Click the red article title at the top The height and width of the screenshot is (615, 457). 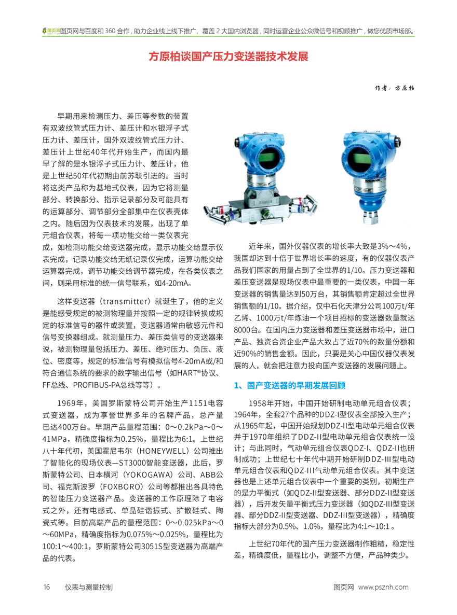coord(228,56)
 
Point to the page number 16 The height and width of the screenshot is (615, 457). coord(46,587)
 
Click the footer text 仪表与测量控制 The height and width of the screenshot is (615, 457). coord(89,587)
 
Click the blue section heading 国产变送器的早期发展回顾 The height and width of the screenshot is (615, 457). coord(293,386)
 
